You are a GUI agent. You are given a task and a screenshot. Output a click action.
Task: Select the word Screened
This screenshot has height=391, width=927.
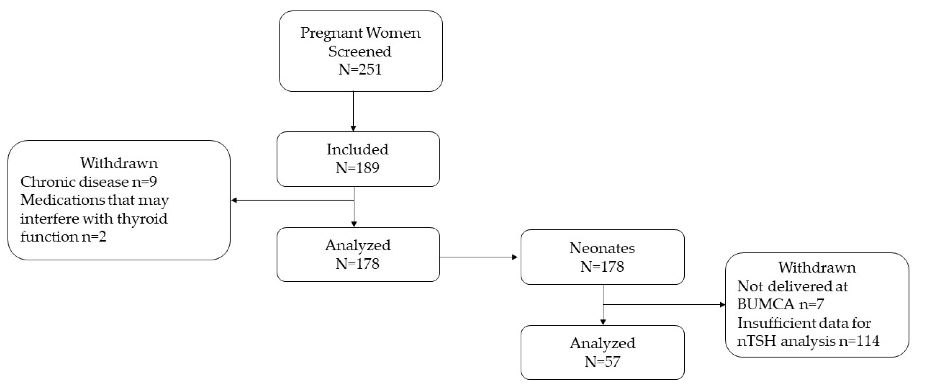tap(360, 51)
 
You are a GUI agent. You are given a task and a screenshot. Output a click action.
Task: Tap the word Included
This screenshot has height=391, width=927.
tap(358, 149)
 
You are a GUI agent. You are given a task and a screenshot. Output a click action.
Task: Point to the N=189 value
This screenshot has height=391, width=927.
tap(358, 168)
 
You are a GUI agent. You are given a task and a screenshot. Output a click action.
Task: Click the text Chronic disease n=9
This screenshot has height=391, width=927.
tap(89, 182)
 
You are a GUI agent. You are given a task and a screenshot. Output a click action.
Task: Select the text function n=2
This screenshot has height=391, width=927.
tap(63, 237)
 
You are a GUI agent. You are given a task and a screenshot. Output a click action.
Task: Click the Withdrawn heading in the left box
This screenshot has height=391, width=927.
tap(119, 163)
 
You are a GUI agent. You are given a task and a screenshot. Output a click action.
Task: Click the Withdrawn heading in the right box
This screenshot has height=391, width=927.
tap(817, 268)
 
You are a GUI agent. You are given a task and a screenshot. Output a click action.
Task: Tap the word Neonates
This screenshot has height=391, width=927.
tap(602, 248)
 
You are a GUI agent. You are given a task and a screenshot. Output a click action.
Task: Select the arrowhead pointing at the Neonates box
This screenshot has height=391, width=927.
tap(515, 257)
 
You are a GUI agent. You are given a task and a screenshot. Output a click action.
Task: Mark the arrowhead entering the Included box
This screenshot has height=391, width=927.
tap(353, 128)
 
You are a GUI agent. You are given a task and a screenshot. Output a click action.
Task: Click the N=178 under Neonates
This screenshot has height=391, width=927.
tap(602, 267)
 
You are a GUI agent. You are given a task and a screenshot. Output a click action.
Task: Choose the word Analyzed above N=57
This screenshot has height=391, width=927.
tap(602, 343)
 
